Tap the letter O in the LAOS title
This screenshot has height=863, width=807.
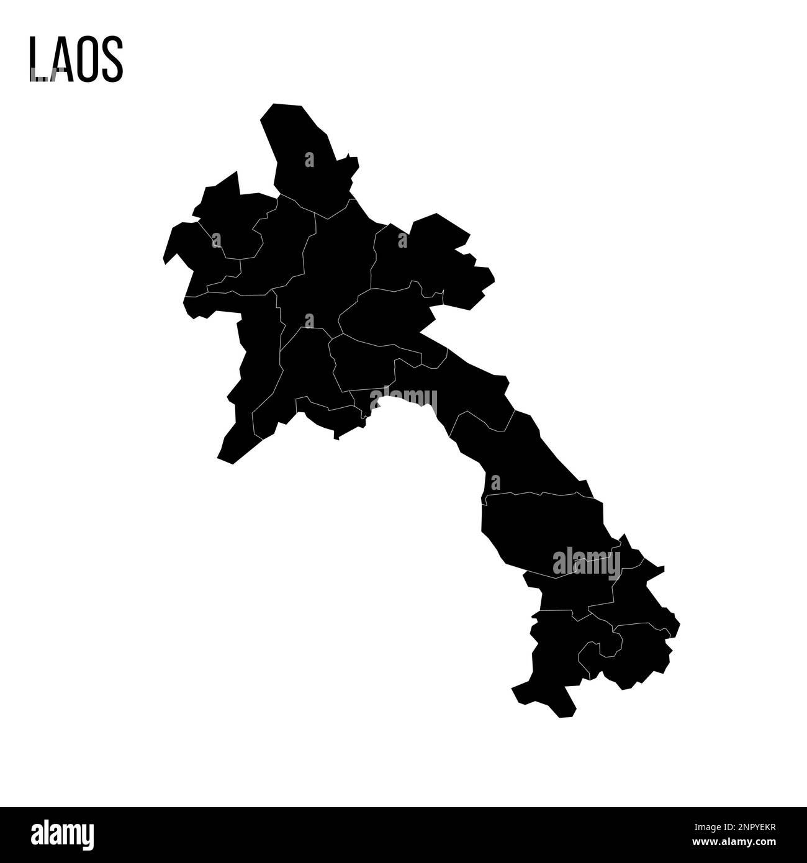click(x=86, y=60)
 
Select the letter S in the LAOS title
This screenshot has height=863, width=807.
click(x=112, y=60)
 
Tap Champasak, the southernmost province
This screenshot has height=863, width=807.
click(x=552, y=658)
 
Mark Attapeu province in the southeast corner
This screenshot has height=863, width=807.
click(x=639, y=652)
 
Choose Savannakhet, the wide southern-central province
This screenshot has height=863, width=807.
click(x=540, y=528)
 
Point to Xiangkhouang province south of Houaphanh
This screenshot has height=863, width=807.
click(x=385, y=317)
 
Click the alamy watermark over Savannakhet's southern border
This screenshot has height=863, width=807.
click(x=586, y=562)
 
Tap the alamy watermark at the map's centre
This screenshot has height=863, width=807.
click(x=403, y=400)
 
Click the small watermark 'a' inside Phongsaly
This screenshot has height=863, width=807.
click(x=309, y=160)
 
